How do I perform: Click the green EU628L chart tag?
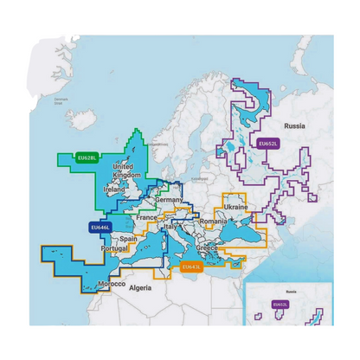87,157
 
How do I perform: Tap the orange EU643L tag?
192,267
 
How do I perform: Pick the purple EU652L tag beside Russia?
267,143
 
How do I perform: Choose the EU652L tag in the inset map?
280,304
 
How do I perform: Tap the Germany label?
169,200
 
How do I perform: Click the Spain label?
129,239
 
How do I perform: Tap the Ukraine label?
236,208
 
